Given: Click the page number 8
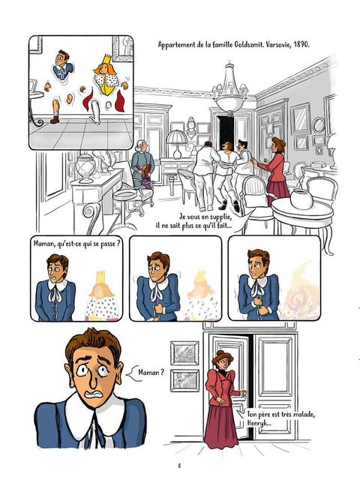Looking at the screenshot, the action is click(179, 466).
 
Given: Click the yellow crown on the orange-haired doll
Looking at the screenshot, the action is click(107, 59).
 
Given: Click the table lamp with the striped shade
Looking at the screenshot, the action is click(177, 143).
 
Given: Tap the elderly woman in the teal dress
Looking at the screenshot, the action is click(142, 164).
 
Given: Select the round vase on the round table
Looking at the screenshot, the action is click(301, 199).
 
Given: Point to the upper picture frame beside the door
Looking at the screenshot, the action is click(184, 353).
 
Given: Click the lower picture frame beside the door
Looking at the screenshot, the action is click(184, 380).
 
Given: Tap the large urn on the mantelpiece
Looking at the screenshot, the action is click(85, 168).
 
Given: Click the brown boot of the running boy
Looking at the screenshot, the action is click(55, 119).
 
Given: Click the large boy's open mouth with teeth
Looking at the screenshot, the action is click(94, 394).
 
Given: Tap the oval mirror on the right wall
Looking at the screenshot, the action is click(319, 125).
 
